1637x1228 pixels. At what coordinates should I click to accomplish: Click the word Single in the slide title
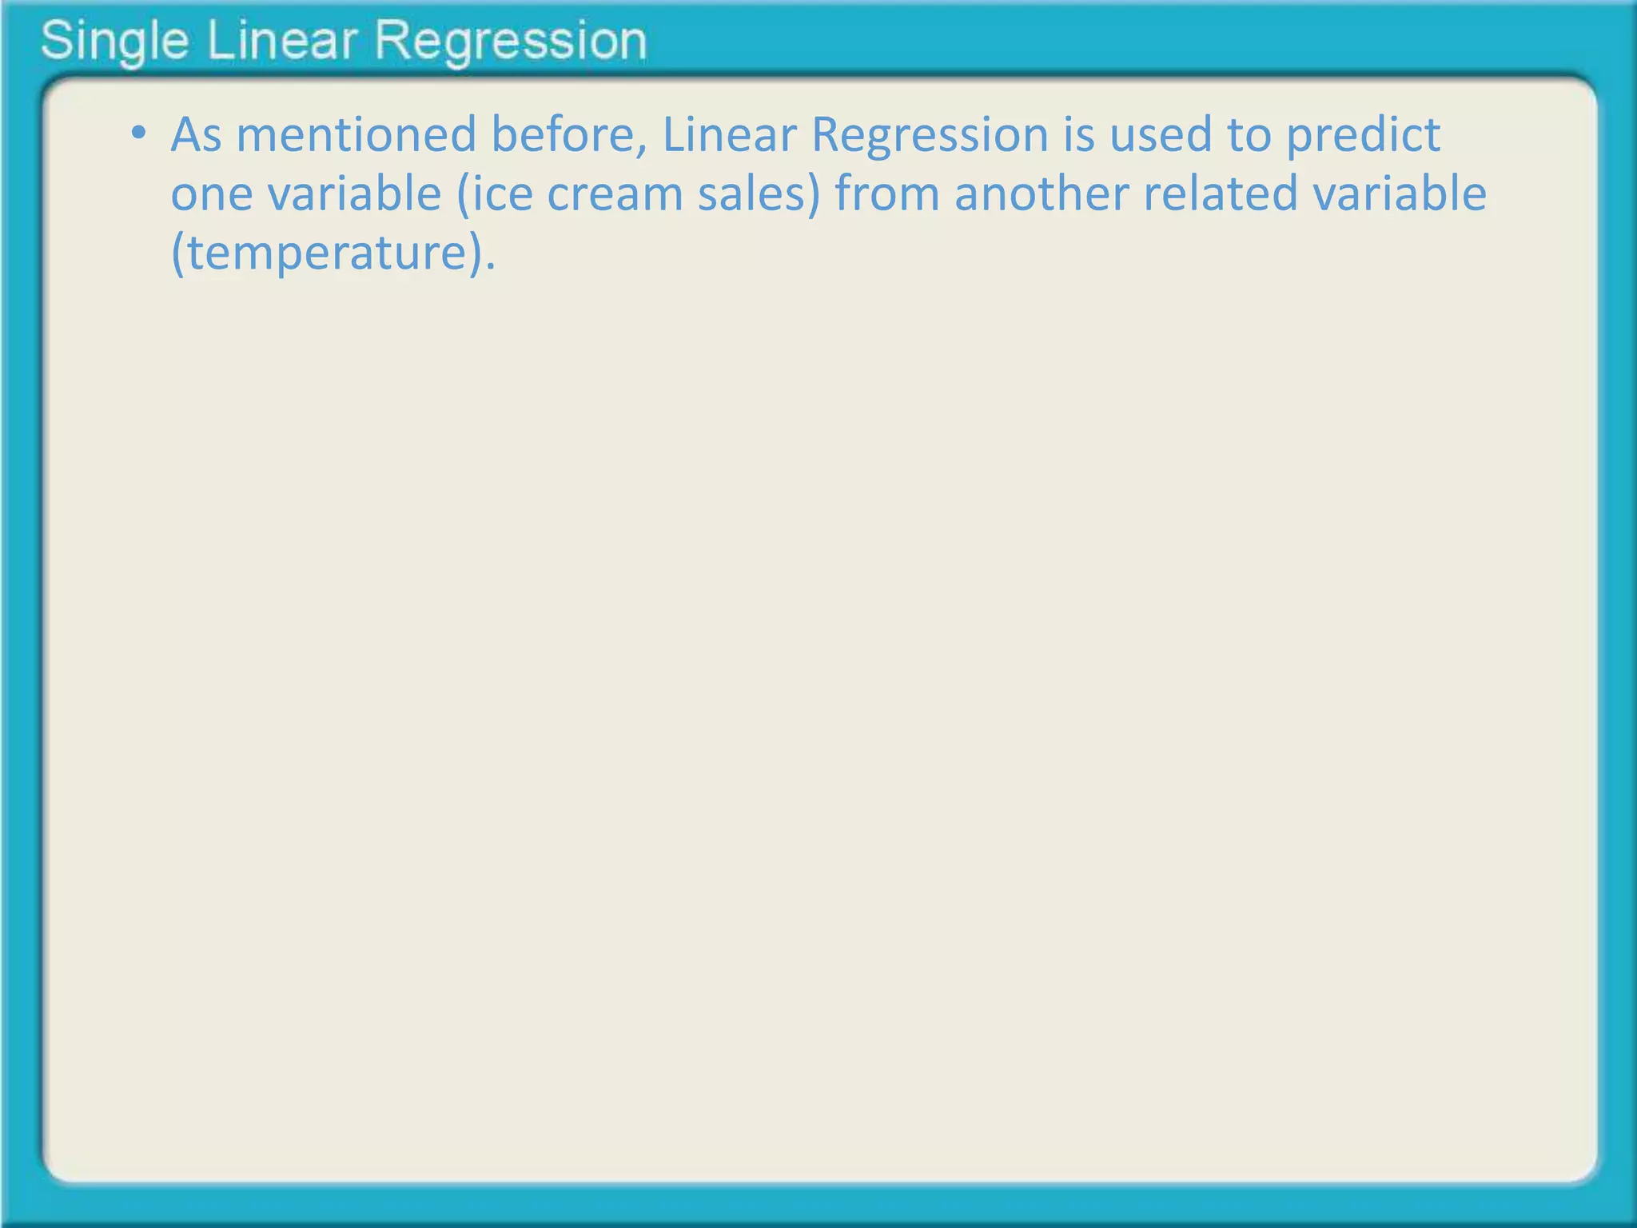tap(114, 42)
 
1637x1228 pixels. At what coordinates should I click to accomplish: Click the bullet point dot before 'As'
tap(139, 134)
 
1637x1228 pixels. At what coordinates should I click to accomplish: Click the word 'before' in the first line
tap(568, 134)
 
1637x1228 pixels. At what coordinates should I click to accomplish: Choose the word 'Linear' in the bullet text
tap(729, 134)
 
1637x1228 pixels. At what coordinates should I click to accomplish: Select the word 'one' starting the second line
tap(210, 194)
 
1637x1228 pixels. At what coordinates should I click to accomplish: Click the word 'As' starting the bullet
tap(196, 134)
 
